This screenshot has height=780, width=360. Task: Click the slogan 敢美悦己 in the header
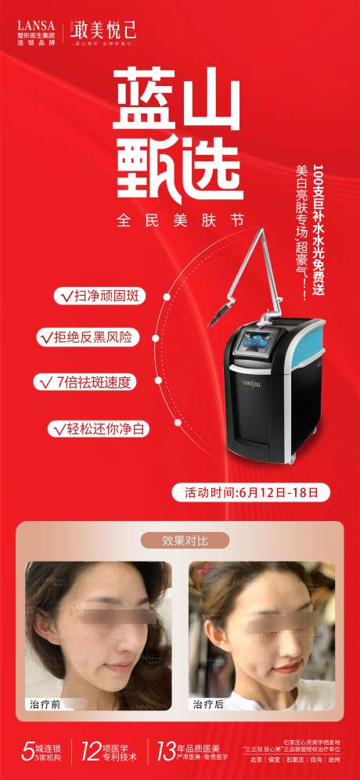[x=104, y=30]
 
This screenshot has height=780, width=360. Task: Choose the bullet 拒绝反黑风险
[x=96, y=337]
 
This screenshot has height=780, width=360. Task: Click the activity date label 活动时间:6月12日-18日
[x=251, y=492]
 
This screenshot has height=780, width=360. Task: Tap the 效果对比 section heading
[x=184, y=540]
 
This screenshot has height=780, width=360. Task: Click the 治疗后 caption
[x=208, y=704]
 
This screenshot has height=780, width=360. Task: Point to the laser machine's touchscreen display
[x=254, y=344]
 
